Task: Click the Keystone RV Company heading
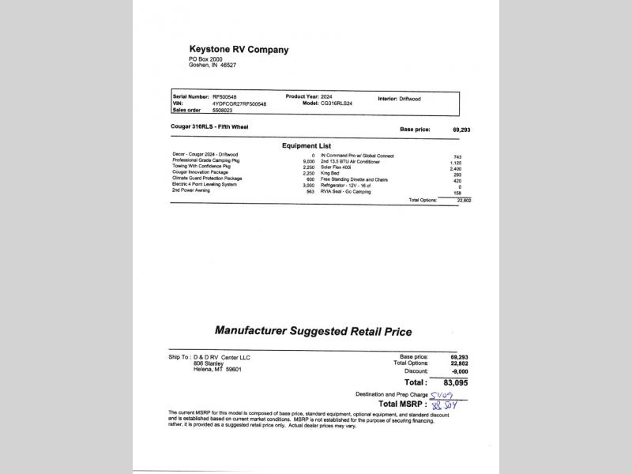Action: (x=239, y=50)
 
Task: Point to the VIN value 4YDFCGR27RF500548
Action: (x=239, y=103)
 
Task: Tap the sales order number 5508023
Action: (x=224, y=111)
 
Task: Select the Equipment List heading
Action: (x=307, y=145)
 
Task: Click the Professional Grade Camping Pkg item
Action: (x=201, y=160)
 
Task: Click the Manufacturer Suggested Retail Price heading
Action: (x=313, y=331)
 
